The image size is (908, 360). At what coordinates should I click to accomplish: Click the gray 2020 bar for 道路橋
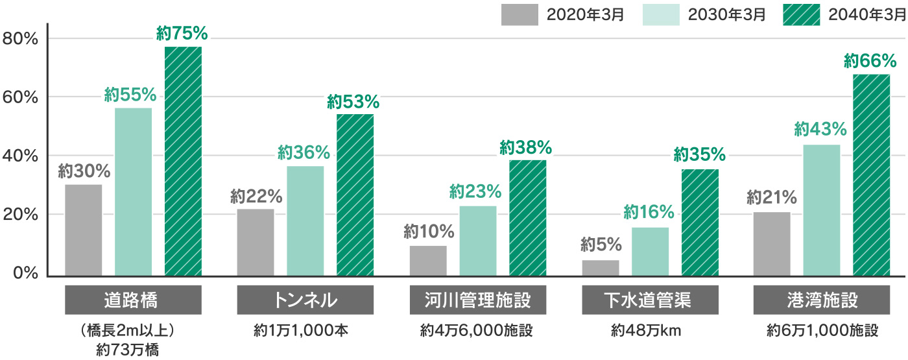pos(84,230)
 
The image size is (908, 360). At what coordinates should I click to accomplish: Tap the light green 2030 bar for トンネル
pos(305,221)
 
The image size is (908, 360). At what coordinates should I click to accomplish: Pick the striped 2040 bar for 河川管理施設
pos(527,217)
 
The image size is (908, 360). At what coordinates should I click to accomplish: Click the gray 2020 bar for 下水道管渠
pos(601,267)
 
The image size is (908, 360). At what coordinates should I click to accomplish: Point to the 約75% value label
pos(182,32)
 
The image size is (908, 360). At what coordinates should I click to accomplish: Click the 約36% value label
pos(304,153)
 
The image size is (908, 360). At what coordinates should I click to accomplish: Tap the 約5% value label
pos(601,245)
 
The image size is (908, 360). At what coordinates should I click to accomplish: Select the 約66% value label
pos(870,62)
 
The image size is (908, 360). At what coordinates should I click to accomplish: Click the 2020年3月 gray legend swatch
pos(520,14)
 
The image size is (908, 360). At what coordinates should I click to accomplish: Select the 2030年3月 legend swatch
pos(662,14)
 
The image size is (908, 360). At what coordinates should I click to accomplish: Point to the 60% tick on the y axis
pos(21,97)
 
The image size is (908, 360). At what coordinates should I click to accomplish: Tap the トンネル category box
pos(305,301)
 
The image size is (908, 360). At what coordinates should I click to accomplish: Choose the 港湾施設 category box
pos(821,301)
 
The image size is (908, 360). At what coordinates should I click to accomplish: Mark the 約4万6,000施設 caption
pos(477,330)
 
